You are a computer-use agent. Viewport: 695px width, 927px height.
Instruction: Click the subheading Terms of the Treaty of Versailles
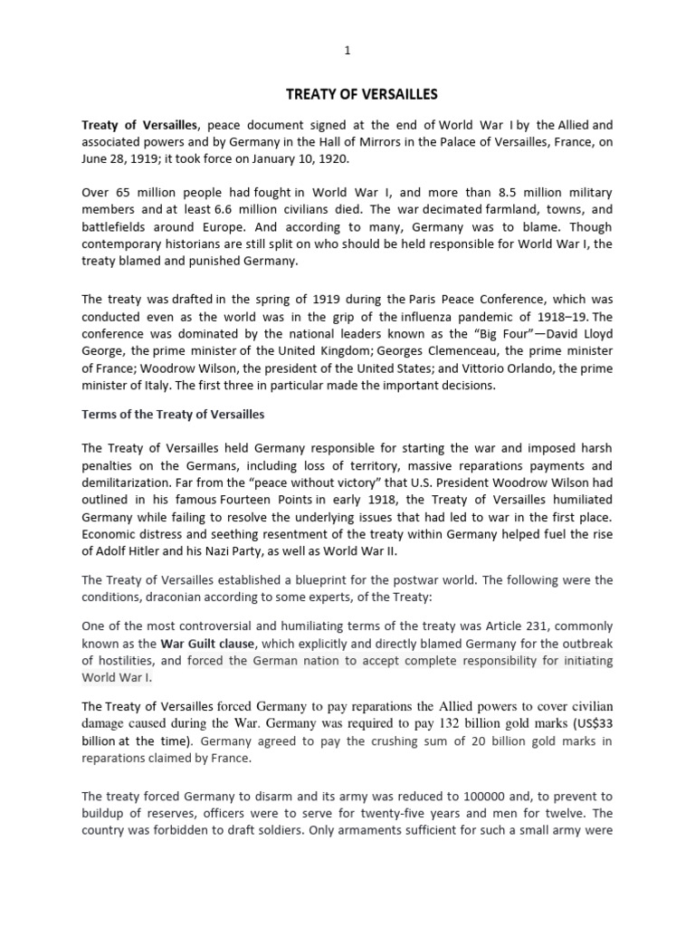tap(173, 414)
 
